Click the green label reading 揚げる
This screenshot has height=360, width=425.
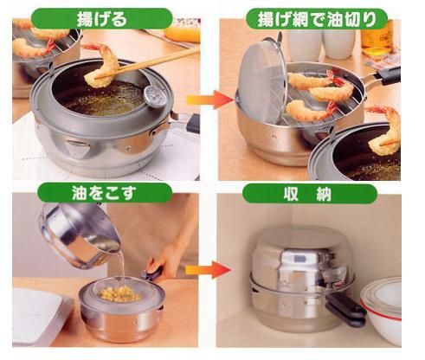tap(102, 18)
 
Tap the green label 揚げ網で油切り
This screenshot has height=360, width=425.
tap(317, 19)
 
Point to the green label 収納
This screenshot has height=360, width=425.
tap(310, 195)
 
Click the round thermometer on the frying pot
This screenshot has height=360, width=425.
tap(156, 96)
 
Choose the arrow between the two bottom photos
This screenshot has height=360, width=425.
tap(209, 270)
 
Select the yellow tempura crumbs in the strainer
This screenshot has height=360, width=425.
tap(119, 292)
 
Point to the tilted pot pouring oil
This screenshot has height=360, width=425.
tap(79, 235)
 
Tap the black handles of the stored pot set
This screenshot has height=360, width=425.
tap(345, 309)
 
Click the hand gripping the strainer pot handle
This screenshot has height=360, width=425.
tap(164, 261)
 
